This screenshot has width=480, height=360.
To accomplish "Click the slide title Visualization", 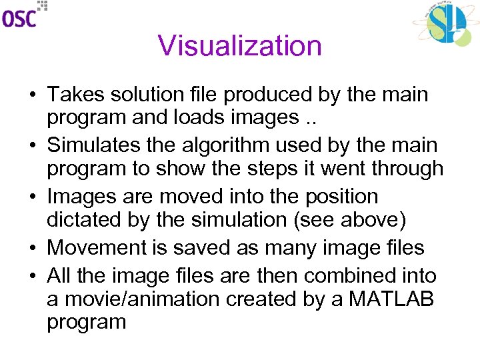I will tap(240, 46).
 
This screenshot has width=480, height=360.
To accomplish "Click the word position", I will tap(339, 197).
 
